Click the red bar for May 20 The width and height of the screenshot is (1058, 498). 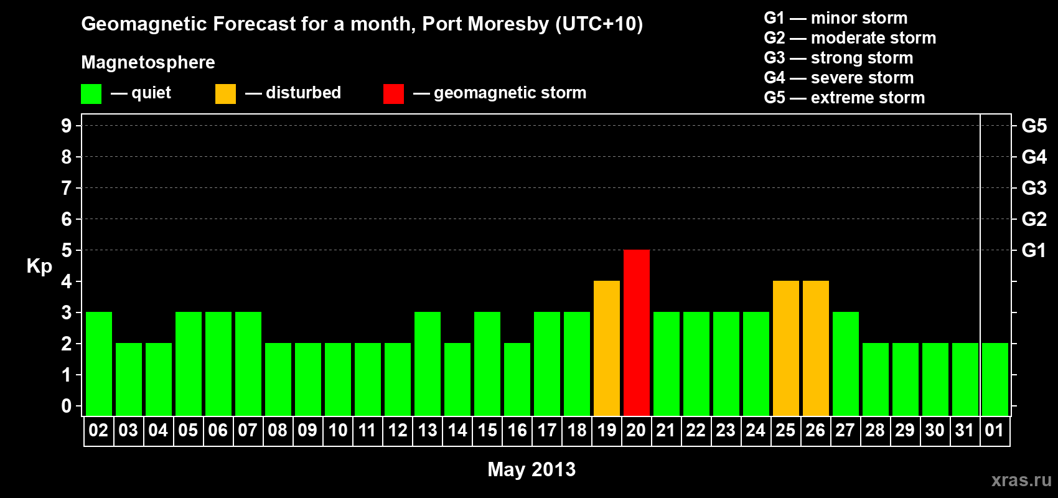(x=636, y=332)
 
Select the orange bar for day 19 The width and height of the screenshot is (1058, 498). (x=606, y=348)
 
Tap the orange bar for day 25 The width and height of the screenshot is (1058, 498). (x=785, y=348)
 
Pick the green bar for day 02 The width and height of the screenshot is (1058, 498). (x=99, y=364)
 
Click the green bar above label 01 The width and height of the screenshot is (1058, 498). (x=995, y=379)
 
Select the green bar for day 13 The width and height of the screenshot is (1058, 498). (x=428, y=364)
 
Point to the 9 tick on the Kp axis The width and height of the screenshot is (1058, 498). (x=67, y=126)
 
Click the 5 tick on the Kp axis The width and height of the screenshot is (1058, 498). (x=67, y=250)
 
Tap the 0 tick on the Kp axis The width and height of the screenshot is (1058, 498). (x=67, y=406)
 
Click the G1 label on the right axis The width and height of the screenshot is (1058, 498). (x=1034, y=250)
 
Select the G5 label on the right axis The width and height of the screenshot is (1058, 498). (x=1034, y=126)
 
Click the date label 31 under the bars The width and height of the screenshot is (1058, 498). (x=964, y=430)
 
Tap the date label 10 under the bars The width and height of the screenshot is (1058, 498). (x=337, y=430)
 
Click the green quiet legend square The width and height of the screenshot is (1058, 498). (x=91, y=94)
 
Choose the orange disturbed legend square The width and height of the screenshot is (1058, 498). (x=225, y=94)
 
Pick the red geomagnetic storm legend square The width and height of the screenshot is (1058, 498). (x=393, y=94)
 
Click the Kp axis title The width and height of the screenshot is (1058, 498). (x=39, y=266)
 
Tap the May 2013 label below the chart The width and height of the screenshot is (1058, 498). (x=531, y=469)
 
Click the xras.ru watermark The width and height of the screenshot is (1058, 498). (x=1021, y=479)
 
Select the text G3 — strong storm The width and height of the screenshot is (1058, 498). (x=838, y=58)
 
